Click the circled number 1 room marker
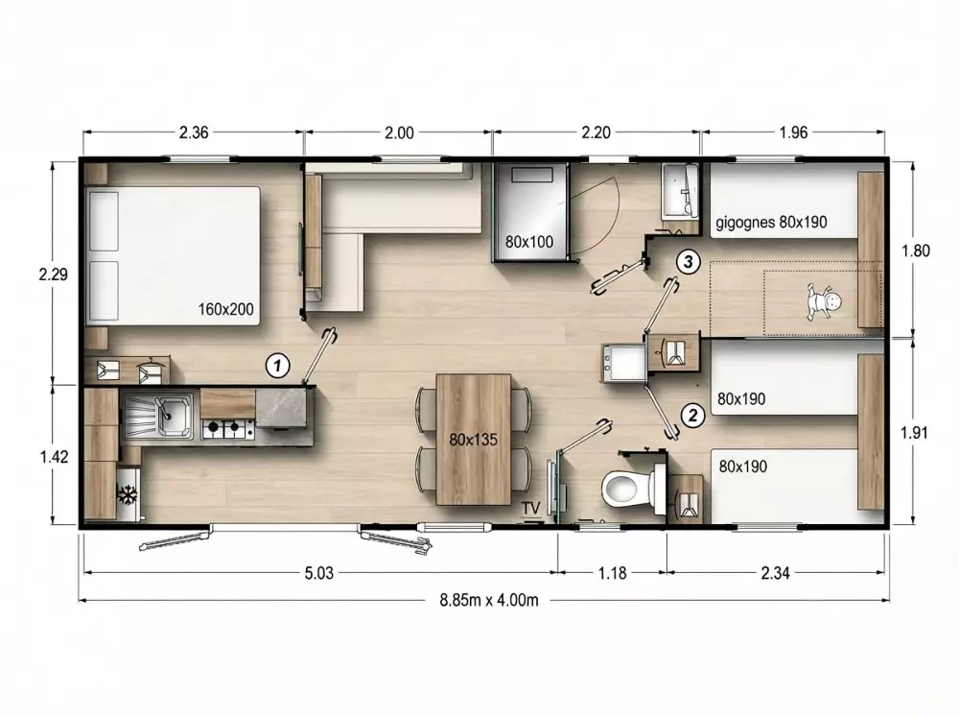pyautogui.click(x=278, y=366)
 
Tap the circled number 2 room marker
pyautogui.click(x=693, y=416)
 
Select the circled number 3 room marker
pyautogui.click(x=688, y=261)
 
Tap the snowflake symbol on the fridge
pyautogui.click(x=128, y=494)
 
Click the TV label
pyautogui.click(x=531, y=508)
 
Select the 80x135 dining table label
pyautogui.click(x=474, y=440)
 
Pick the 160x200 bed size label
pyautogui.click(x=225, y=309)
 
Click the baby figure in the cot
pyautogui.click(x=823, y=300)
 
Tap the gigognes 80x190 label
pyautogui.click(x=771, y=222)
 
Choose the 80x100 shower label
pyautogui.click(x=529, y=242)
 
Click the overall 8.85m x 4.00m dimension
pyautogui.click(x=489, y=600)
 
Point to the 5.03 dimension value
pyautogui.click(x=319, y=573)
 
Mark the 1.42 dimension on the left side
pyautogui.click(x=55, y=456)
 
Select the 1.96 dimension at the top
pyautogui.click(x=794, y=132)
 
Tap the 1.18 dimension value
pyautogui.click(x=612, y=573)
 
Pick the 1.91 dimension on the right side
pyautogui.click(x=914, y=433)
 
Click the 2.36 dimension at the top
pyautogui.click(x=194, y=132)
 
